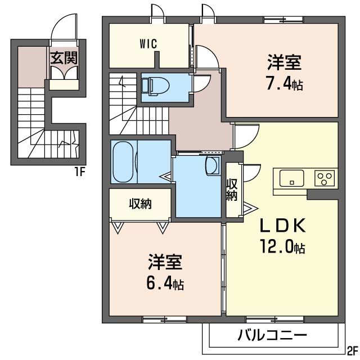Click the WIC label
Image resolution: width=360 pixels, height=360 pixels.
point(148,43)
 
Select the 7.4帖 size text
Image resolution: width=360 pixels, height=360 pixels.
point(284,85)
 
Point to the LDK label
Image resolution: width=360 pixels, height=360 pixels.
point(282,226)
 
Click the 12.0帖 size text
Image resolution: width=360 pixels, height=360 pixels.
point(282,247)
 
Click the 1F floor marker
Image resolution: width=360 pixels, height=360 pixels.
point(78,172)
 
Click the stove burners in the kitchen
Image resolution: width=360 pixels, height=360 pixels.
point(325,178)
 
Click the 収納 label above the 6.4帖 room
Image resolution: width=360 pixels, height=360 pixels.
point(139,204)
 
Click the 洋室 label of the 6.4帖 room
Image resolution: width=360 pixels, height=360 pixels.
point(165,262)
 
